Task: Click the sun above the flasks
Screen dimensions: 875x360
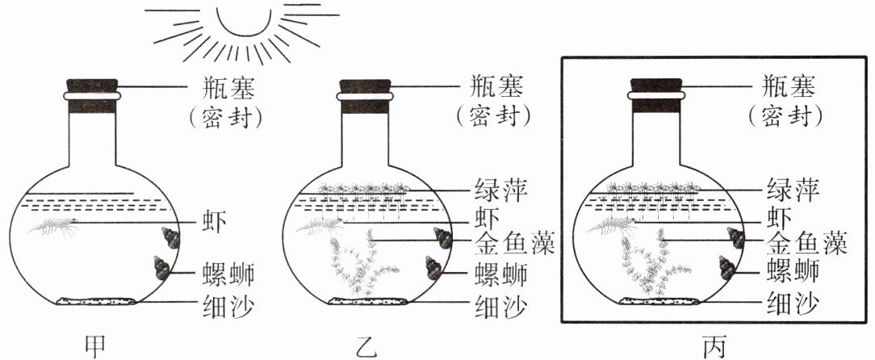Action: (x=241, y=20)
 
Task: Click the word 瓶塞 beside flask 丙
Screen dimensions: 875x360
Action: (x=789, y=84)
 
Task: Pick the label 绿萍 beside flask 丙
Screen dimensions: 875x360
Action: (x=789, y=191)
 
